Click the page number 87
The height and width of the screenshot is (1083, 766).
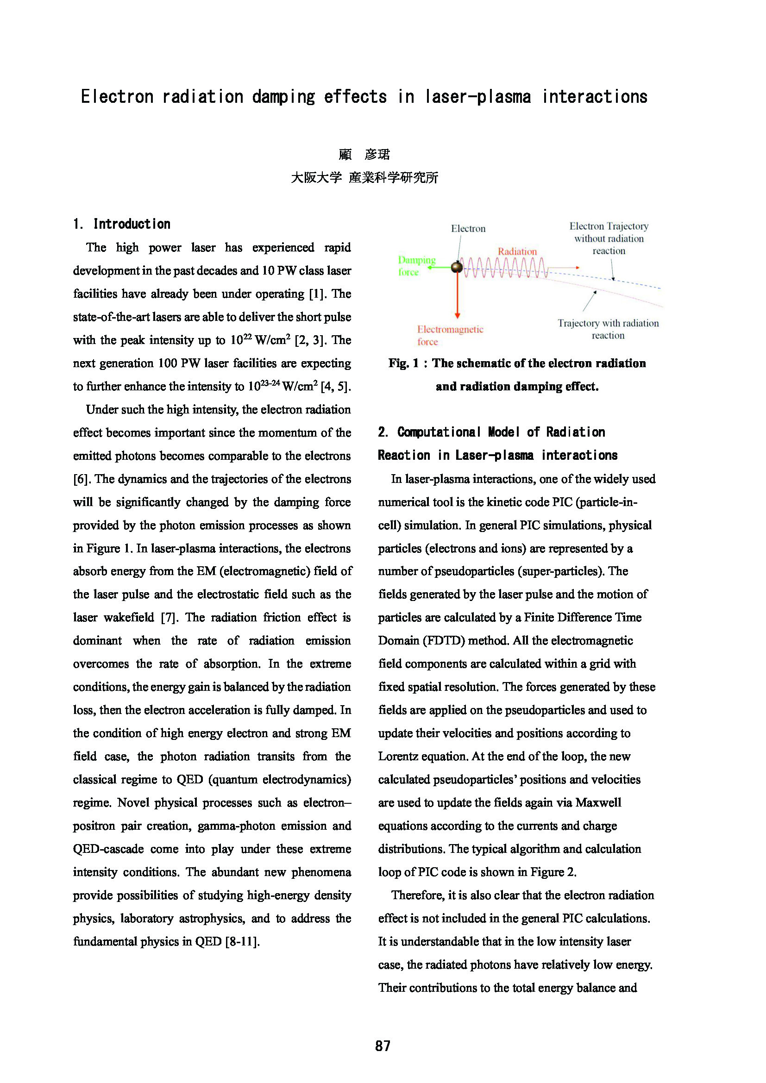point(383,1046)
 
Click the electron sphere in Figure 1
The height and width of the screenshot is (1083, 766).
point(457,268)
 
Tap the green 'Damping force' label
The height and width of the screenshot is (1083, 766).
point(416,266)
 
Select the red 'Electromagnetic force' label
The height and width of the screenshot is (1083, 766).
point(450,335)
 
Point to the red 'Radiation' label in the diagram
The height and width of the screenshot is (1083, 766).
point(517,251)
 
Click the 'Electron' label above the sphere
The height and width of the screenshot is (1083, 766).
point(468,229)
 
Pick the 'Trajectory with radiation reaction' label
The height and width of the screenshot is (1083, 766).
point(608,329)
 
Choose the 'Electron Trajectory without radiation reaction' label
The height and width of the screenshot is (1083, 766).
point(609,238)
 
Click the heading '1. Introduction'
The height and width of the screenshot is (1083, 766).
point(122,224)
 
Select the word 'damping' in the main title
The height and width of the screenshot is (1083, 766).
point(283,97)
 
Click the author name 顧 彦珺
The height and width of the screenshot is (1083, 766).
point(364,154)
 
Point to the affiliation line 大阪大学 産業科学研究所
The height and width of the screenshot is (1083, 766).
point(364,178)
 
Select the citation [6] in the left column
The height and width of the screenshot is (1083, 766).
point(81,479)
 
